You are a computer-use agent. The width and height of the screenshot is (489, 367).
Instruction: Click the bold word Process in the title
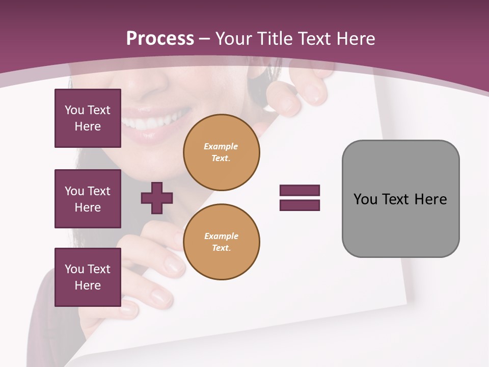(x=160, y=38)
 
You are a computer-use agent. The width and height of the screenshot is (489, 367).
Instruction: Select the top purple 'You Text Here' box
(x=88, y=118)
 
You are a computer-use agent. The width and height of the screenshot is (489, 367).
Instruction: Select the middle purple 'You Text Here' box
(x=88, y=199)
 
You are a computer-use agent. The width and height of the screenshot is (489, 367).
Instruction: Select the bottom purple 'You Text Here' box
(x=88, y=277)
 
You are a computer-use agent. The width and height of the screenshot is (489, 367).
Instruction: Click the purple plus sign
(x=157, y=198)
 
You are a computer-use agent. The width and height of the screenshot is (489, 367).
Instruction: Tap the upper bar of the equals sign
(x=300, y=190)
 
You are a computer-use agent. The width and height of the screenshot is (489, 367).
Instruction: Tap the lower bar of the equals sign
(x=300, y=205)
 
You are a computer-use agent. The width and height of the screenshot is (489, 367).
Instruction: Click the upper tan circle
(x=222, y=152)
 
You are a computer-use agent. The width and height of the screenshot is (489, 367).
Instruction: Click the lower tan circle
(x=222, y=242)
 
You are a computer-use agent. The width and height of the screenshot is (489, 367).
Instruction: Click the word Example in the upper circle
(x=221, y=146)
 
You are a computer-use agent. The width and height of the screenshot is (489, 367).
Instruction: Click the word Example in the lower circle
(x=221, y=236)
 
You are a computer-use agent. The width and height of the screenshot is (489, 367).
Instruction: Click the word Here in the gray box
(x=430, y=199)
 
